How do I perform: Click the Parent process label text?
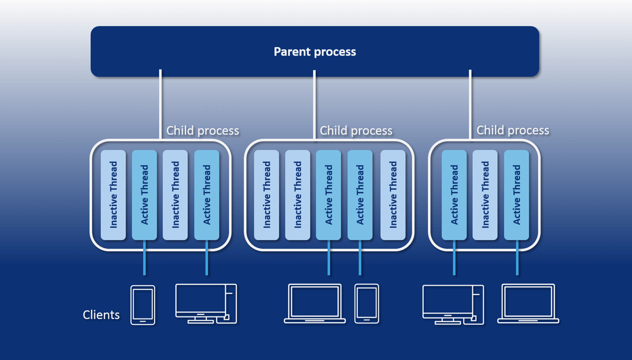pos(315,52)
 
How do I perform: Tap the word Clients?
pos(101,315)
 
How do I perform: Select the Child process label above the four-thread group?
pos(203,130)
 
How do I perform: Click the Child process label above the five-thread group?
pos(356,130)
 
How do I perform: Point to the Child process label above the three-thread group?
pos(513,130)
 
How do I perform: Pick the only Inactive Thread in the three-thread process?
pos(485,195)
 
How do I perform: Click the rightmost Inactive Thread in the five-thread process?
pos(393,195)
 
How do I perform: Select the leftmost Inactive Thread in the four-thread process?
pos(113,195)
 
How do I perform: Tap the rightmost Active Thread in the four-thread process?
pos(207,195)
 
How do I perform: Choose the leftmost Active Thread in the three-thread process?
pos(454,195)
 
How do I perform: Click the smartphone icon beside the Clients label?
pos(143,305)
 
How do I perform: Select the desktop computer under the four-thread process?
pos(206,303)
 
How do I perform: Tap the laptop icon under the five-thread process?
pos(315,303)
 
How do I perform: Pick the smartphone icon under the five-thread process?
pos(367,303)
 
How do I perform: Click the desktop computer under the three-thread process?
pos(453,304)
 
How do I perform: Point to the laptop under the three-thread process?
pos(528,303)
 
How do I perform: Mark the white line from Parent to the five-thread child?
pos(314,105)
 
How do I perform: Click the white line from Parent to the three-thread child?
pos(470,105)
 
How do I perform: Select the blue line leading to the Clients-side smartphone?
pos(145,258)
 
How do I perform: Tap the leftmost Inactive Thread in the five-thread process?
pos(266,195)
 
